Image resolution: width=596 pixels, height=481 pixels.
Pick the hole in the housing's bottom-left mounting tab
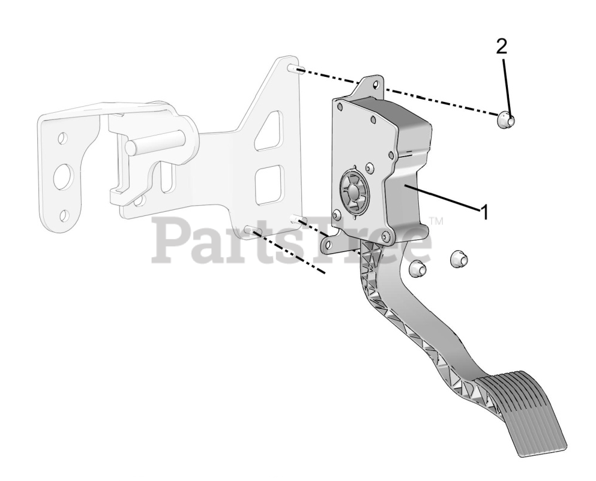pyautogui.click(x=328, y=244)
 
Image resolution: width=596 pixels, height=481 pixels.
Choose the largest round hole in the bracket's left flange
pyautogui.click(x=64, y=176)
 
